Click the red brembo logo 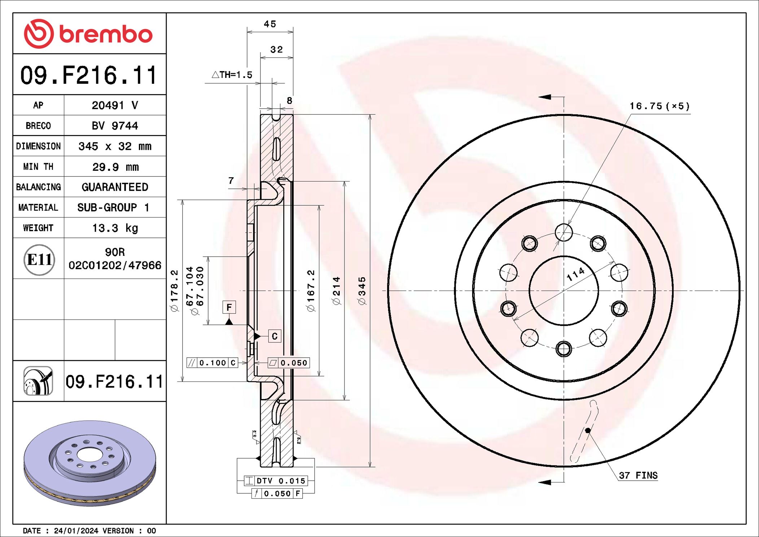(x=88, y=34)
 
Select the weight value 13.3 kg (x=115, y=228)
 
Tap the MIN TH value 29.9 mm (x=115, y=167)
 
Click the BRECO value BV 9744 (x=115, y=126)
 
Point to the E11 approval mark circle (x=39, y=259)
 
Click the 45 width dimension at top (x=270, y=24)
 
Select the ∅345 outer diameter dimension (x=362, y=291)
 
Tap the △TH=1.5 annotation (x=232, y=75)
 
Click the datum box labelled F (x=229, y=307)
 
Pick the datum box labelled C (x=275, y=336)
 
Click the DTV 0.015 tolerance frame (x=276, y=481)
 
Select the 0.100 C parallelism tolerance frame (x=212, y=363)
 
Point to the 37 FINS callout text (x=638, y=475)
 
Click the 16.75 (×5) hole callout (x=659, y=106)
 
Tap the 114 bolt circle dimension (x=575, y=274)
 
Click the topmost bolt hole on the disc (x=563, y=232)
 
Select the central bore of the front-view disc (x=563, y=291)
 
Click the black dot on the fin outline (x=588, y=430)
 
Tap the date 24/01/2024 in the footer (x=76, y=531)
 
